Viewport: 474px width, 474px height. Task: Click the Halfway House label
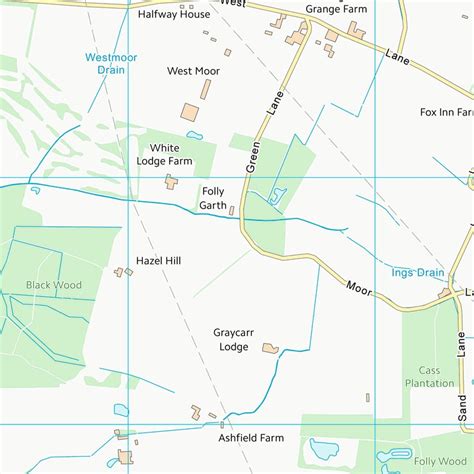coord(174,15)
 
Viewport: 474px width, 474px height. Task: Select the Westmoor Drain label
coord(111,63)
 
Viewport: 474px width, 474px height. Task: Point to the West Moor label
coord(193,71)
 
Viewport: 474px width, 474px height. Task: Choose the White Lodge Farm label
coord(164,153)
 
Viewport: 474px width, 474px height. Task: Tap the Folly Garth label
coord(213,198)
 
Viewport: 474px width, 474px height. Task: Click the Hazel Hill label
coord(158,261)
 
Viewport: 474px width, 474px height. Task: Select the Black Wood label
coord(54,285)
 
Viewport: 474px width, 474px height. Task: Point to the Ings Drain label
coord(417,272)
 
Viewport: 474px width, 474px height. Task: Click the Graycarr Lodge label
coord(231,340)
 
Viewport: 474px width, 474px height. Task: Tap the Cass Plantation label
coord(429,376)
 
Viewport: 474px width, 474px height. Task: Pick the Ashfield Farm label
coord(251,438)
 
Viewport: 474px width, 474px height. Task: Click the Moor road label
coord(359,288)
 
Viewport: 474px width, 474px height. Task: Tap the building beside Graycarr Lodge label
coord(269,348)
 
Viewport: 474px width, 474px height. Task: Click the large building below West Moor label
coord(189,114)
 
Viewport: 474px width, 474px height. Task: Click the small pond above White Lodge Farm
coord(194,135)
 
